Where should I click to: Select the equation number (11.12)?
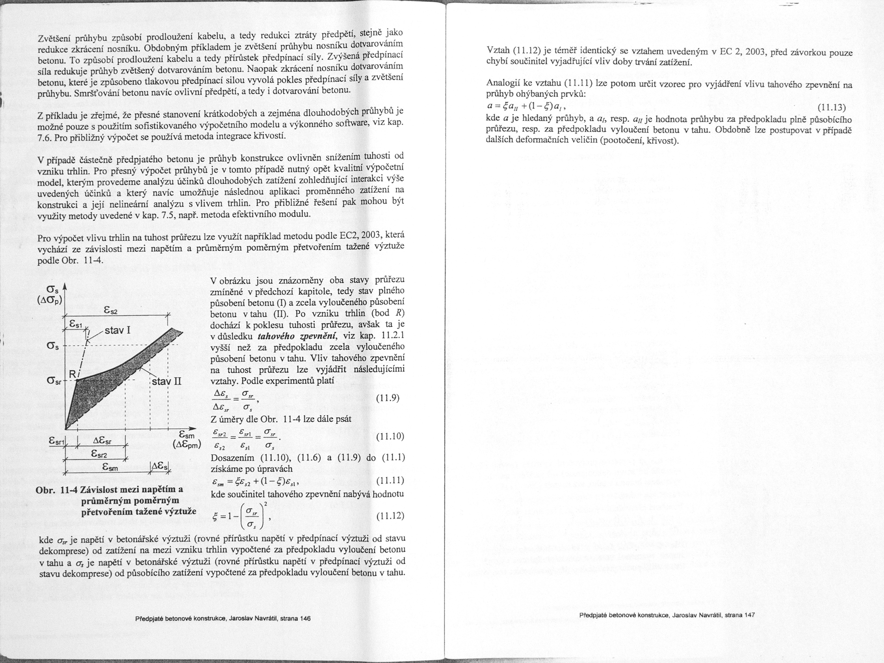(x=390, y=516)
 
